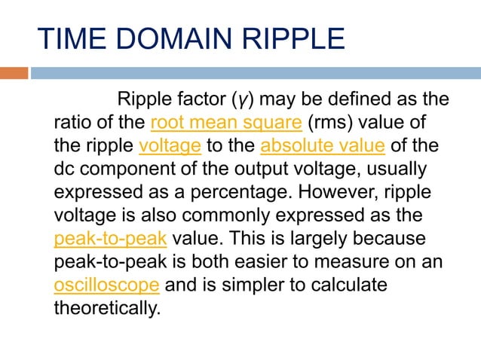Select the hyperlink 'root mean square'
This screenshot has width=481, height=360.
click(226, 123)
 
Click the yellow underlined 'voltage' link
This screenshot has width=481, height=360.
click(170, 145)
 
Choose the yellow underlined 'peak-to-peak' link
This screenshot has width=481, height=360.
click(111, 239)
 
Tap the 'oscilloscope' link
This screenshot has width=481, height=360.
click(106, 285)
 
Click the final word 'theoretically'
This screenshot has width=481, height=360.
click(108, 309)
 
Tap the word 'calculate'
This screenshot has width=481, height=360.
click(345, 285)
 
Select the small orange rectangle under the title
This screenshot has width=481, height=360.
click(14, 73)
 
